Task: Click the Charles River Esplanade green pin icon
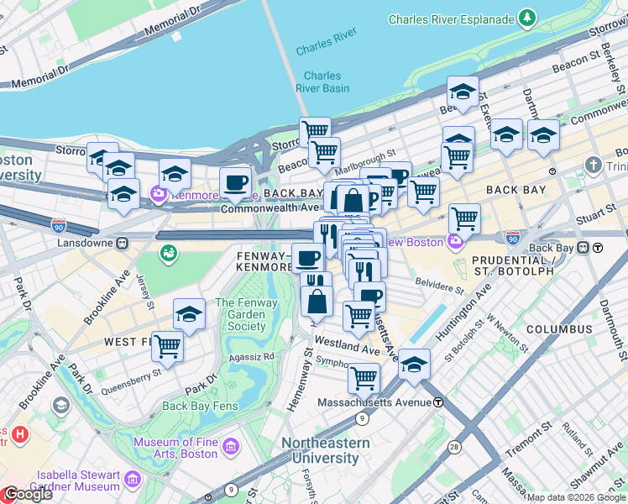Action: point(526,17)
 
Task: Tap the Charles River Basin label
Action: point(322,82)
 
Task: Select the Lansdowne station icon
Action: point(122,244)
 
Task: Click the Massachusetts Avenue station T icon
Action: point(438,402)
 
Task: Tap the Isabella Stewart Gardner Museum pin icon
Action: point(133,480)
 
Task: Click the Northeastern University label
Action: point(325,450)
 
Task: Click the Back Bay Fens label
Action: point(200,406)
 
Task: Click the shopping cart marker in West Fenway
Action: point(168,345)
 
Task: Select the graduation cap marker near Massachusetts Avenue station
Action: point(414,364)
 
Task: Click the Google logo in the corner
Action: point(27,494)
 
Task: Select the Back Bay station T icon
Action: point(597,248)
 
